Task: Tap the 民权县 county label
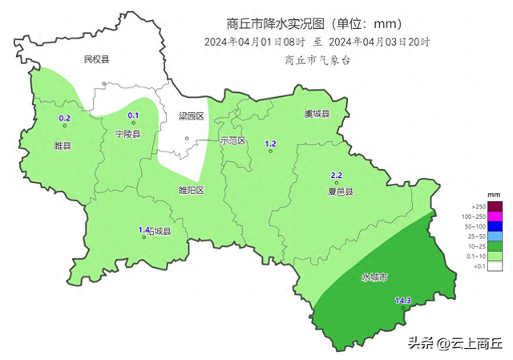click(x=96, y=60)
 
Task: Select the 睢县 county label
click(x=63, y=146)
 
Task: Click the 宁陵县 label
click(x=128, y=135)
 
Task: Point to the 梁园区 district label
click(x=192, y=117)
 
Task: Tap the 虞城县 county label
click(x=317, y=115)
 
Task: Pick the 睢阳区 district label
click(x=192, y=191)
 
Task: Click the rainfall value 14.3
click(x=403, y=301)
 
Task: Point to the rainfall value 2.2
click(x=337, y=176)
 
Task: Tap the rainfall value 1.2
click(x=271, y=143)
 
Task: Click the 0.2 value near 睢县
click(x=66, y=119)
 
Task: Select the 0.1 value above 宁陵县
click(x=134, y=115)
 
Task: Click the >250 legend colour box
click(x=495, y=207)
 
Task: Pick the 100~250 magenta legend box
click(x=495, y=216)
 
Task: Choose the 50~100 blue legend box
click(x=495, y=227)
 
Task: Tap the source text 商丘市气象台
click(x=317, y=59)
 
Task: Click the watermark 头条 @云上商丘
click(x=454, y=343)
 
